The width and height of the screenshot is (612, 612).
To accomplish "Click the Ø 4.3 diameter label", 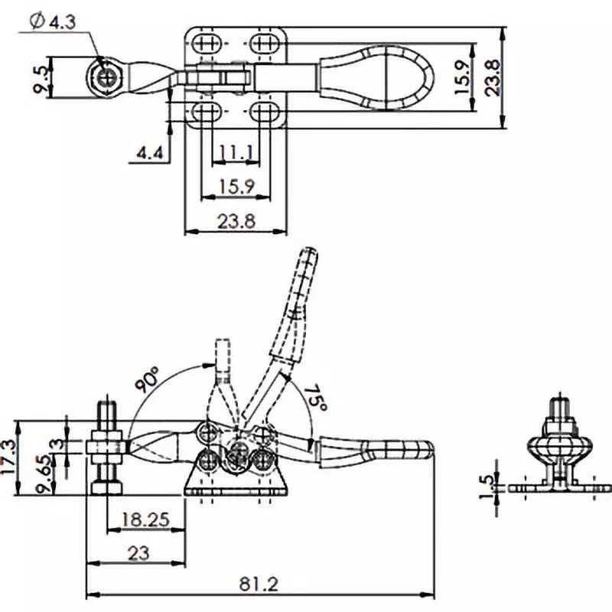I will click(52, 22).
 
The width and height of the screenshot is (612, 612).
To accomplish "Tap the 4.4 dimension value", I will click(149, 154).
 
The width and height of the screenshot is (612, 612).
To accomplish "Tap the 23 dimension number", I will click(138, 553).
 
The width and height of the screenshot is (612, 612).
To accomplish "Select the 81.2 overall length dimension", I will click(259, 584).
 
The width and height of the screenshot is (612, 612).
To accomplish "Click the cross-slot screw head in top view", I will click(106, 76).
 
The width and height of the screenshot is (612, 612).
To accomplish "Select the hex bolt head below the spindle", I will click(106, 487).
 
